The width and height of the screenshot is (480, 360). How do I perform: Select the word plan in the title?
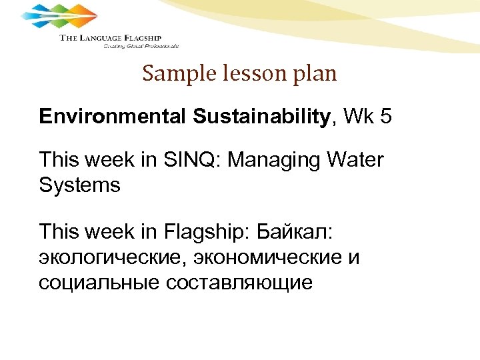pyautogui.click(x=314, y=74)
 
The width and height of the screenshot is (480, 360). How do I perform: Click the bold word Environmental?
pyautogui.click(x=114, y=118)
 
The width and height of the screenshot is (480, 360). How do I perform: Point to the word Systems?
pyautogui.click(x=80, y=185)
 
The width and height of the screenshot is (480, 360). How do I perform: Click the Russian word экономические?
pyautogui.click(x=257, y=257)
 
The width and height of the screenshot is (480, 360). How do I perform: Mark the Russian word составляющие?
pyautogui.click(x=235, y=282)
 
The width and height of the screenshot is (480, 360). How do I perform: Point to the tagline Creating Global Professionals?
pyautogui.click(x=141, y=47)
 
